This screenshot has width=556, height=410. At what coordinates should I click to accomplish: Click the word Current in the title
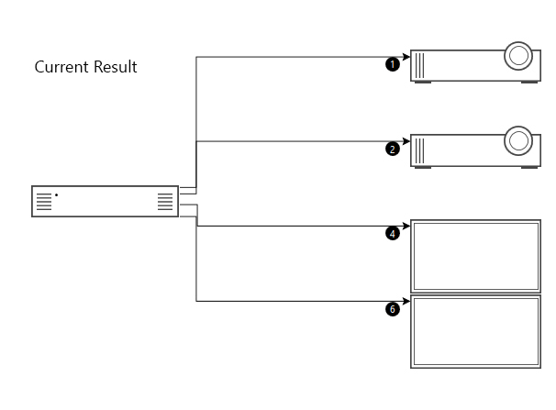click(x=61, y=67)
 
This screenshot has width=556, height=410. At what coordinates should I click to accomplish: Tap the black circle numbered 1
click(x=393, y=64)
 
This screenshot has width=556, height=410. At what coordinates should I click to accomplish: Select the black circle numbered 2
click(x=393, y=149)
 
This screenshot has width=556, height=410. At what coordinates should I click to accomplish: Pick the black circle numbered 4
click(x=393, y=234)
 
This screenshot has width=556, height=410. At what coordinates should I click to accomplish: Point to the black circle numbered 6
click(x=393, y=309)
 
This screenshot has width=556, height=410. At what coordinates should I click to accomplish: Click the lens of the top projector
click(x=518, y=56)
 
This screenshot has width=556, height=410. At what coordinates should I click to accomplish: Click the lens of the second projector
click(x=518, y=140)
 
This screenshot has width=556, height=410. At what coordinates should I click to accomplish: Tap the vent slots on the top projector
click(x=419, y=65)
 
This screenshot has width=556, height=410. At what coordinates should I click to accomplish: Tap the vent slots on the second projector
click(x=419, y=150)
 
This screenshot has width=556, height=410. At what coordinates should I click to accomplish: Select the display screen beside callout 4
click(x=476, y=256)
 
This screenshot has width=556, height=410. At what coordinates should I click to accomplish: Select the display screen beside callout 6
click(x=476, y=332)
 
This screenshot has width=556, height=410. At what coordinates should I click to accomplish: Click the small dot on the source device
click(x=56, y=194)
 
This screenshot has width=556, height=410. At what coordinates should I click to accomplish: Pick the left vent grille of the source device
click(x=44, y=202)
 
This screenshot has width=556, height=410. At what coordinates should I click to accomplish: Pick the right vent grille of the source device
click(x=165, y=202)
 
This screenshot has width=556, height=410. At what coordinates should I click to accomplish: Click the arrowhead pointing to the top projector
click(x=406, y=57)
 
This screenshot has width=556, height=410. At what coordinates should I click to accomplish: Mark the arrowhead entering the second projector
click(x=406, y=141)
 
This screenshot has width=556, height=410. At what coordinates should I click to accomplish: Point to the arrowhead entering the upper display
click(x=406, y=226)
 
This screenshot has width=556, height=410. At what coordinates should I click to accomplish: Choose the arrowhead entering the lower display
click(x=406, y=301)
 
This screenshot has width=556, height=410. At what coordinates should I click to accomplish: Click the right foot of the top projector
click(x=529, y=83)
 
